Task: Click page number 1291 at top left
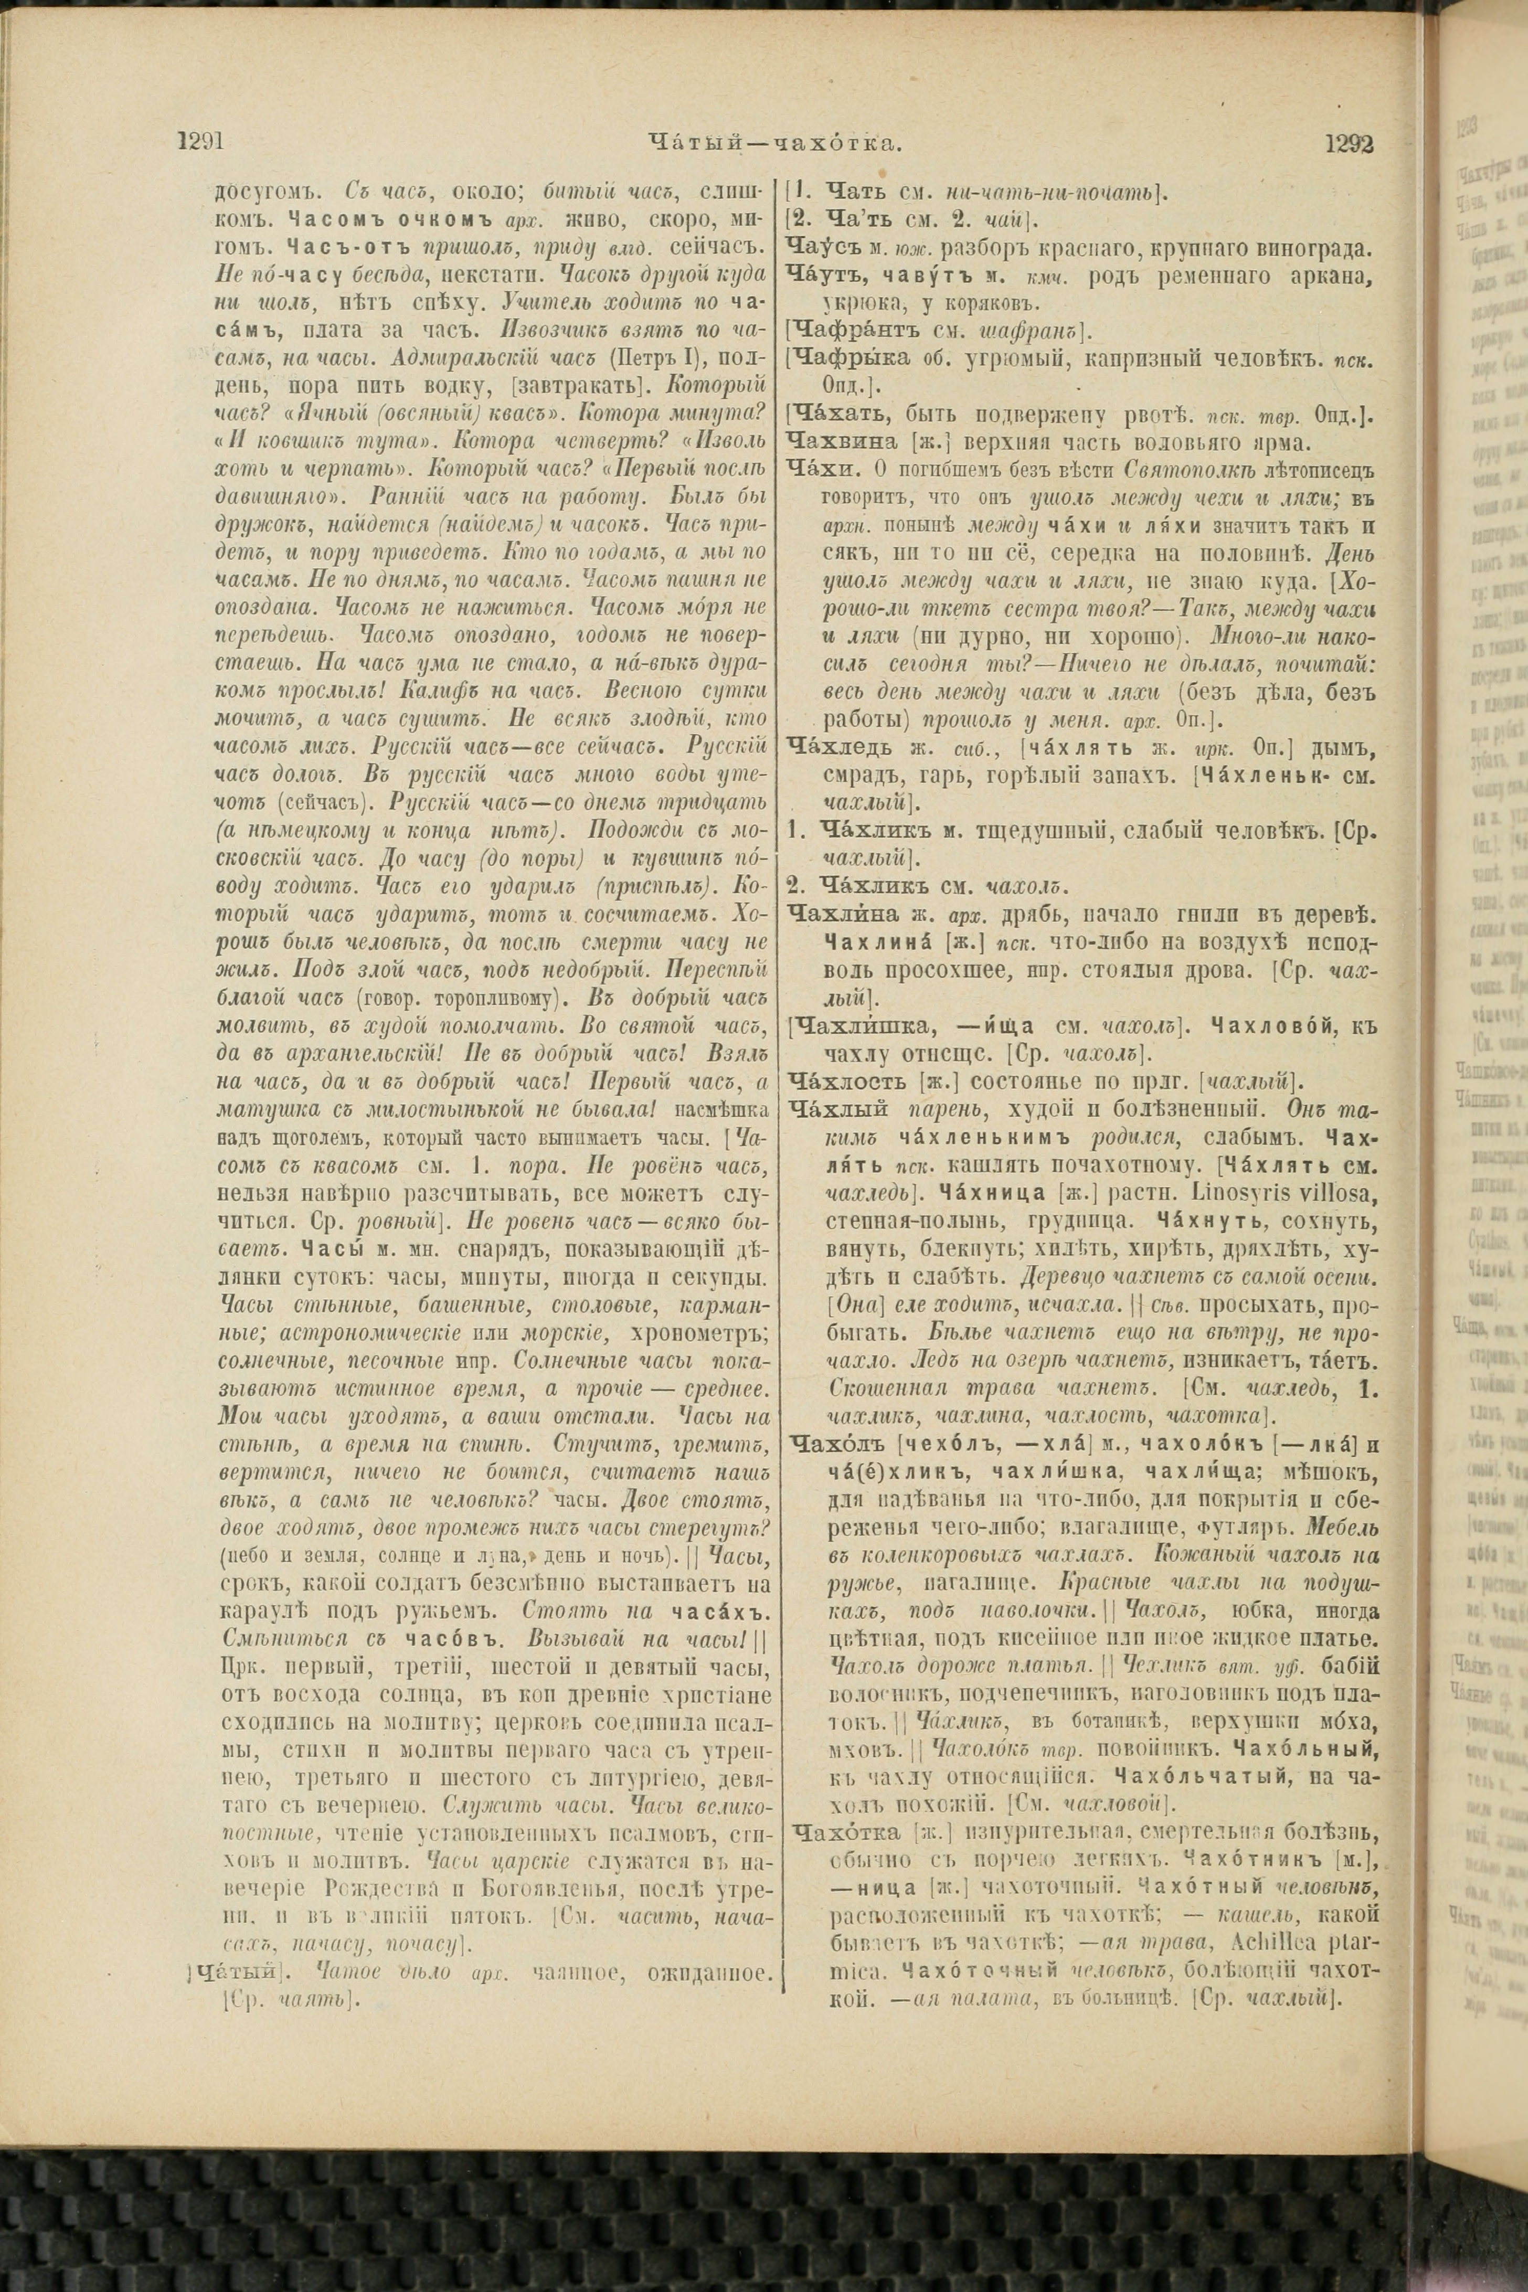(x=201, y=142)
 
